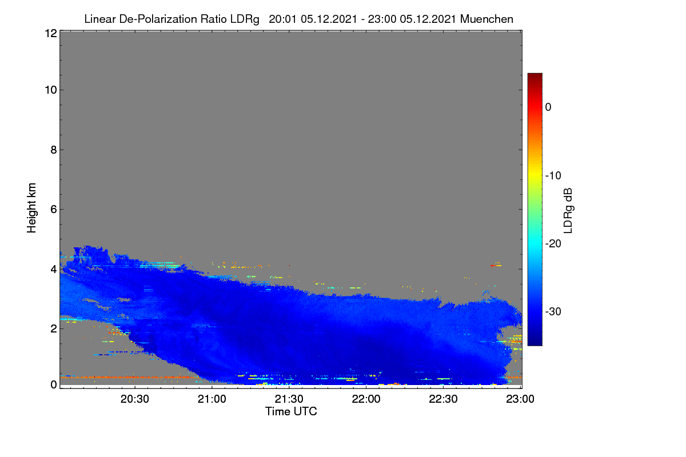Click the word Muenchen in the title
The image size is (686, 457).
(x=486, y=19)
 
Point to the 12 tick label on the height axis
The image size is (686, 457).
(x=51, y=33)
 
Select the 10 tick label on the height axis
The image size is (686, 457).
(x=51, y=90)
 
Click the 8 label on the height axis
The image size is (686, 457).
(x=54, y=150)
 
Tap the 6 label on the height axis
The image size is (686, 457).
(x=54, y=210)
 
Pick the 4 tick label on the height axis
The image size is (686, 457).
(x=54, y=269)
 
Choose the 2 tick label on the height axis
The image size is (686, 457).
(x=54, y=328)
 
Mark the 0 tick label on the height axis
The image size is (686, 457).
(x=54, y=384)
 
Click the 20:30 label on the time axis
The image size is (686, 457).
(x=135, y=399)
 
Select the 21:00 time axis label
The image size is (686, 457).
(x=212, y=399)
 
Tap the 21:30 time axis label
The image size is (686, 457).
(x=289, y=399)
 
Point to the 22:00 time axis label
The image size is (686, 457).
(x=366, y=399)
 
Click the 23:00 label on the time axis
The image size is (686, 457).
(x=520, y=399)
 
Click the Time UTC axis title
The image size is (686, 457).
(x=291, y=411)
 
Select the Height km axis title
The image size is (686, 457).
(x=31, y=208)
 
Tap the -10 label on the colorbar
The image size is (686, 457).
(x=553, y=176)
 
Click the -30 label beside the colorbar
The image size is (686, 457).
(x=553, y=311)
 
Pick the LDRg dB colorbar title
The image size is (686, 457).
(x=568, y=211)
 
